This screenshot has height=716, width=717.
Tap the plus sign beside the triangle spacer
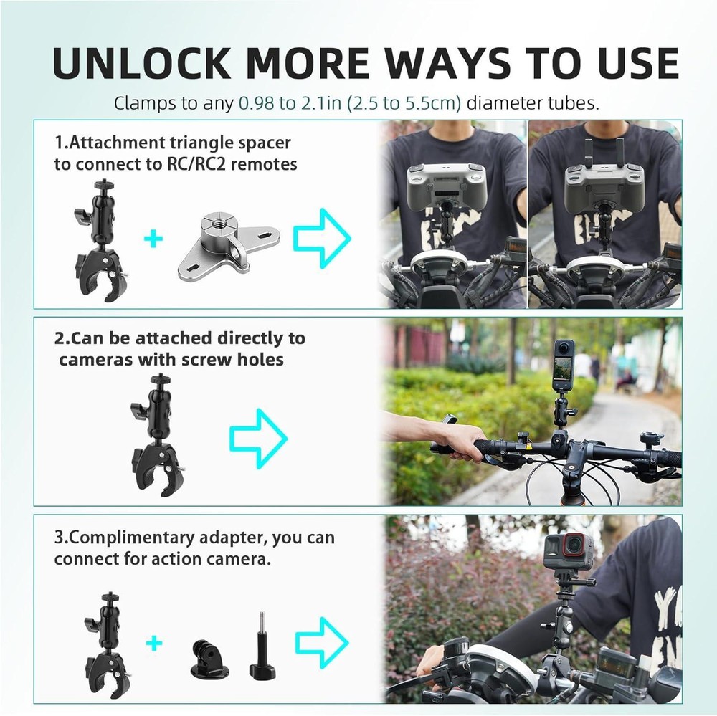tap(153, 239)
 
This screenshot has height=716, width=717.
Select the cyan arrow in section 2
tap(258, 439)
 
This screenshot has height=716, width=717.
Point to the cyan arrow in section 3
tap(322, 642)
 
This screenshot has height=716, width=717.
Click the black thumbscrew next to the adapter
tap(262, 645)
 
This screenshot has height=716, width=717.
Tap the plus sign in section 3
tap(154, 644)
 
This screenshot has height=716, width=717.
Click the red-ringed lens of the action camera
tap(572, 544)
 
